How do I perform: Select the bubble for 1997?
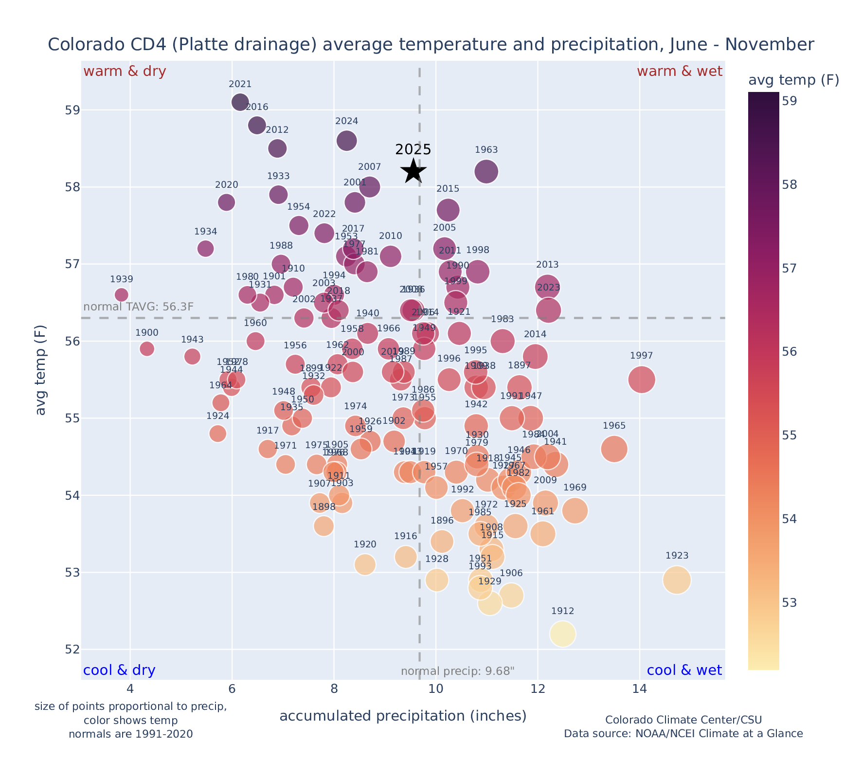pyautogui.click(x=642, y=380)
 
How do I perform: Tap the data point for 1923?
pyautogui.click(x=677, y=580)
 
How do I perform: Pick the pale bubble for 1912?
pyautogui.click(x=563, y=634)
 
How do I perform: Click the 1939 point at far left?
pyautogui.click(x=122, y=295)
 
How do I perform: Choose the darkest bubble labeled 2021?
pyautogui.click(x=240, y=102)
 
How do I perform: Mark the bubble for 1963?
pyautogui.click(x=486, y=171)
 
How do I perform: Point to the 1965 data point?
pyautogui.click(x=614, y=449)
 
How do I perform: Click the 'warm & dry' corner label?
pyautogui.click(x=125, y=72)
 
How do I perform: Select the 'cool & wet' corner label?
pyautogui.click(x=684, y=670)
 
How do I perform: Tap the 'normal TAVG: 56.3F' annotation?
pyautogui.click(x=139, y=307)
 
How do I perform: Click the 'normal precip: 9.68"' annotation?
pyautogui.click(x=458, y=671)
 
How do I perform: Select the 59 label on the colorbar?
pyautogui.click(x=790, y=101)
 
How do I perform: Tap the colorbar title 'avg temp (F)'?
pyautogui.click(x=793, y=80)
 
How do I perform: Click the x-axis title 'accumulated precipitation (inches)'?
pyautogui.click(x=403, y=716)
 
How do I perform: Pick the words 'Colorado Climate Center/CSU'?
pyautogui.click(x=683, y=720)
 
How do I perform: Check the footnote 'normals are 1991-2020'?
pyautogui.click(x=131, y=734)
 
